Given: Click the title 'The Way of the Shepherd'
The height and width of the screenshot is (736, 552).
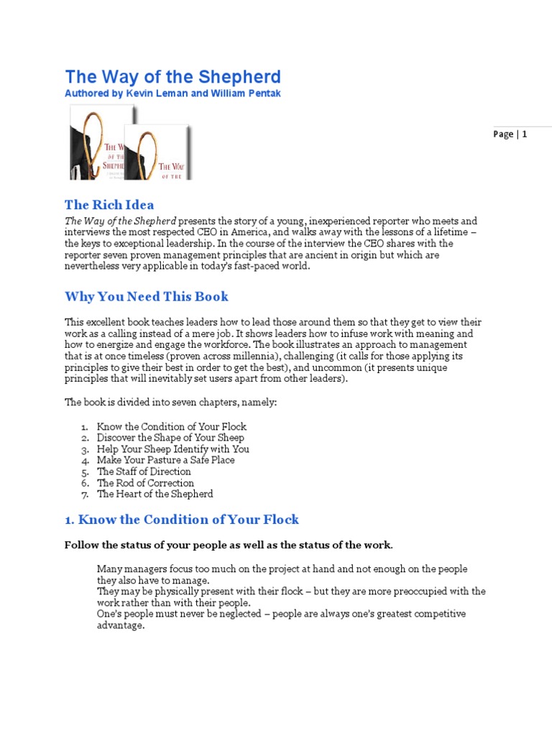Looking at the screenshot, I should (172, 77).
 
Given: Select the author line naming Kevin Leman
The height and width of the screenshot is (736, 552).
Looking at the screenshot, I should (172, 94).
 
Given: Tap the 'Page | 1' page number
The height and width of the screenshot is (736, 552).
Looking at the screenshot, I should (510, 134).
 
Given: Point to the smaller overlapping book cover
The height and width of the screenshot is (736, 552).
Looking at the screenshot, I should (158, 153).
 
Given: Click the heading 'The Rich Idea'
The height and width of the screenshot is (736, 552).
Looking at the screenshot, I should (109, 205).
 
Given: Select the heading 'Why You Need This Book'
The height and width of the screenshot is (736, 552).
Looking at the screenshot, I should (147, 296).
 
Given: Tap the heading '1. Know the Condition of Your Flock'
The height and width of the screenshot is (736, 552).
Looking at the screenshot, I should (182, 519).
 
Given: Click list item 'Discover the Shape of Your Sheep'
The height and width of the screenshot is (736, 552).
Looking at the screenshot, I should (170, 438).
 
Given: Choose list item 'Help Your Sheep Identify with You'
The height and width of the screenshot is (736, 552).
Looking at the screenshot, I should (173, 449).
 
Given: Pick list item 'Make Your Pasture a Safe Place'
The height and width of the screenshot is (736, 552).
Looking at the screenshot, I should (165, 460).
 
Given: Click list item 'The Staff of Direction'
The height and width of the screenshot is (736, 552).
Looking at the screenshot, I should (144, 471).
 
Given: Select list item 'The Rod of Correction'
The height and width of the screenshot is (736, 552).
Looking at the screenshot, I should (145, 483).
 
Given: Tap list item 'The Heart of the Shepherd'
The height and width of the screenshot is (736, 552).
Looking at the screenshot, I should (155, 494).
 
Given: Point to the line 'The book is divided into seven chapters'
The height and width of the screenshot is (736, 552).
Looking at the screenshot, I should (170, 402).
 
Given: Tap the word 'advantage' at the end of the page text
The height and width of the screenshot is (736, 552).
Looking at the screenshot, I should (121, 625).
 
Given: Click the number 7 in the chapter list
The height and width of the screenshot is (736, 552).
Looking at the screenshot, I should (84, 494).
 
